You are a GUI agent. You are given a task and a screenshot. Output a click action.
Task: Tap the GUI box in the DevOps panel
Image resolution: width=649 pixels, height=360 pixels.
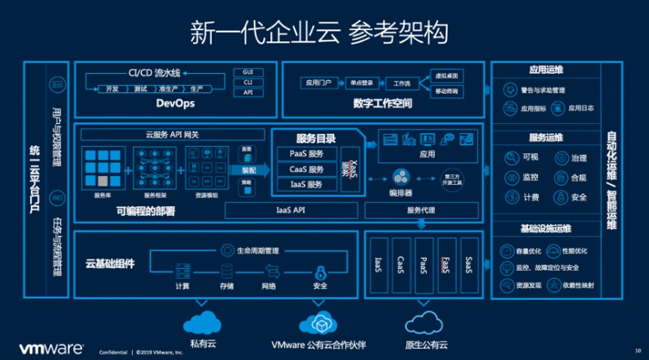point(248,72)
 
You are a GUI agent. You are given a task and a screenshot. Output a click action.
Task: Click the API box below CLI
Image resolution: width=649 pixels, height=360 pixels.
point(248,92)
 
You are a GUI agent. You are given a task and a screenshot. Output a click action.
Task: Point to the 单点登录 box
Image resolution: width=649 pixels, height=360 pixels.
point(358,83)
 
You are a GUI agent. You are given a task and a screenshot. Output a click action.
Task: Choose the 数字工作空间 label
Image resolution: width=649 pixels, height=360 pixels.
point(383,104)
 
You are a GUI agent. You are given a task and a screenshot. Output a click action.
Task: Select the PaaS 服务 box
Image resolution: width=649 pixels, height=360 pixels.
point(307,154)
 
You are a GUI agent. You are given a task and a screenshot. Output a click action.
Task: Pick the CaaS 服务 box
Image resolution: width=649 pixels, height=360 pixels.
point(307,169)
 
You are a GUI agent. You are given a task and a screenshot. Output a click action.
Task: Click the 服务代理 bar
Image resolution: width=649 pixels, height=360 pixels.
point(421,210)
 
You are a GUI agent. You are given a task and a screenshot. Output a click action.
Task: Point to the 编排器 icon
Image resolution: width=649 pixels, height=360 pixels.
point(401,177)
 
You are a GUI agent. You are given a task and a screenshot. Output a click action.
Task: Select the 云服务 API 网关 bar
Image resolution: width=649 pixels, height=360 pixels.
point(172,134)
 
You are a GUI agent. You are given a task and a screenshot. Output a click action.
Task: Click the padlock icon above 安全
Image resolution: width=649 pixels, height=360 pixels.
point(320,271)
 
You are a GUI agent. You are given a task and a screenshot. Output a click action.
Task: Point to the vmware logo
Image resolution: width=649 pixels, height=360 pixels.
point(50,348)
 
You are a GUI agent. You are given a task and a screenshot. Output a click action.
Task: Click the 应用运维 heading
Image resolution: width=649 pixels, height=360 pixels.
point(546,70)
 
